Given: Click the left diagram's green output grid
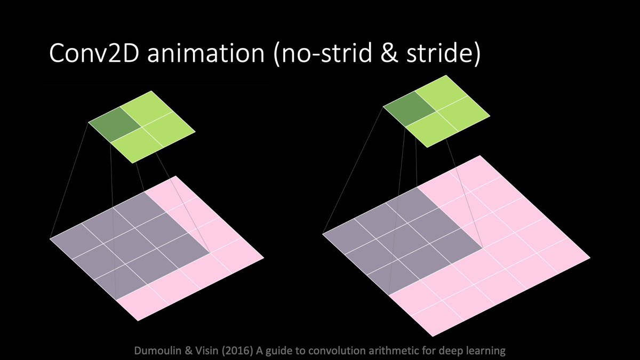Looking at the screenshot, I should (141, 130).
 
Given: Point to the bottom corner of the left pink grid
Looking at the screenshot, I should (138, 321).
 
